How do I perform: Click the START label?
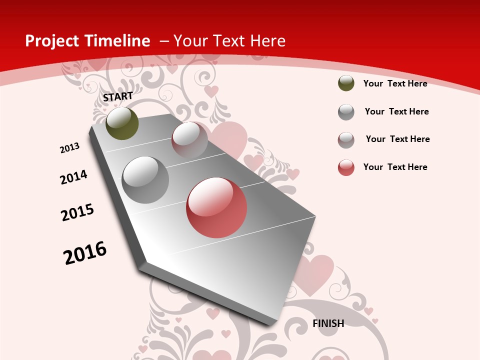118,96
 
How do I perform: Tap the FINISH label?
328,323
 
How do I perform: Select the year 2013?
70,148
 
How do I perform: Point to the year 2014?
74,177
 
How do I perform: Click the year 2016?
85,253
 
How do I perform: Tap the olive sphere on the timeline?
122,123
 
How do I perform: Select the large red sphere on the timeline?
216,207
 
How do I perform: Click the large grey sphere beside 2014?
145,180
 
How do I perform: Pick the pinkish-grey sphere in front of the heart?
189,140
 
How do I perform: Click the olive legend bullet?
346,83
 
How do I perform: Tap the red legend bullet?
346,167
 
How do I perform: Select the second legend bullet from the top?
346,112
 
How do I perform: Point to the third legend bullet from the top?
346,140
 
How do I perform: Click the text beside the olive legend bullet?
395,83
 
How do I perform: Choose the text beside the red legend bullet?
395,167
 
